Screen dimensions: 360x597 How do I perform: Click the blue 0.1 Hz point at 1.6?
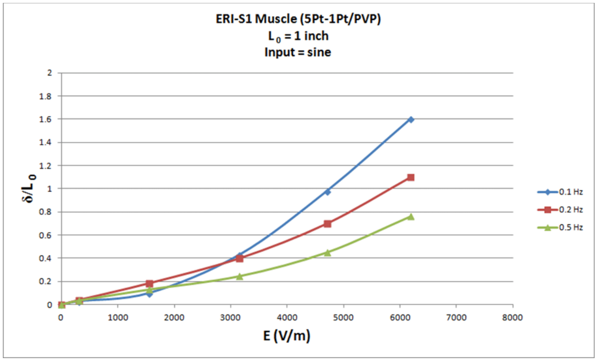tap(411, 119)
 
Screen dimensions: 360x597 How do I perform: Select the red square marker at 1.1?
tap(411, 177)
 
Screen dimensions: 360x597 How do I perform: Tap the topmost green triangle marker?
tap(411, 217)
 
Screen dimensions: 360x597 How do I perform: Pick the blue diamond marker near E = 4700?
tap(327, 192)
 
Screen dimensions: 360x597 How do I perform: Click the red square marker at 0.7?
tap(327, 224)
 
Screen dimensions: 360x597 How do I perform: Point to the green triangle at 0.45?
tap(327, 253)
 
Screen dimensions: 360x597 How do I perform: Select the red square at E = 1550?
tap(149, 284)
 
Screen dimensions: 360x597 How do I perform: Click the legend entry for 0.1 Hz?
tap(560, 192)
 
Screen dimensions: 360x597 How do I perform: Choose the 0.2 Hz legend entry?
tap(560, 210)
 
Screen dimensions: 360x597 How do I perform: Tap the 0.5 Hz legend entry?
tap(560, 228)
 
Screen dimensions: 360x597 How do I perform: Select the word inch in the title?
tap(315, 36)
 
